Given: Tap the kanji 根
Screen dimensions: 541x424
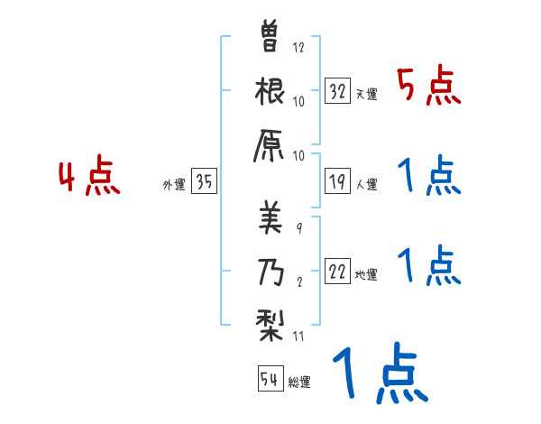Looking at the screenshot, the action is (x=270, y=92).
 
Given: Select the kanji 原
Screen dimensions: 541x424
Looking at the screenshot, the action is (x=270, y=147).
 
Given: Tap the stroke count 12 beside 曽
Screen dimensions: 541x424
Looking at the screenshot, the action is (x=298, y=48).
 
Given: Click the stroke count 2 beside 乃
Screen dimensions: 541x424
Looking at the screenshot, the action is (x=299, y=281).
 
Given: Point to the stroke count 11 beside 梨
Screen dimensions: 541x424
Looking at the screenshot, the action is (x=298, y=336).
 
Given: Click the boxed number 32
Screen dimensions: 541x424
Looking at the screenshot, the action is (x=337, y=91).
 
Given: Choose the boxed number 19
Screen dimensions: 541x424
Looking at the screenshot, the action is (x=337, y=182).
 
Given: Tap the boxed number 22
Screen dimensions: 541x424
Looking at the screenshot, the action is (x=337, y=272).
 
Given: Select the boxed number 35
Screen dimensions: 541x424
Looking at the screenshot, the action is (x=204, y=182).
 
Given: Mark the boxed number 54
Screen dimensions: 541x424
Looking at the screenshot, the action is (x=270, y=379).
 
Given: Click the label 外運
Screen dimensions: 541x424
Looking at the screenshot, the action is (x=174, y=185).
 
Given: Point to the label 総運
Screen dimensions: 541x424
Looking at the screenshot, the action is (x=299, y=383).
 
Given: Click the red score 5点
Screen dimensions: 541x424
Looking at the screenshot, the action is (x=430, y=88).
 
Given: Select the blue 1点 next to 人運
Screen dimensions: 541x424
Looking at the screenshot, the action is (x=430, y=176).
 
